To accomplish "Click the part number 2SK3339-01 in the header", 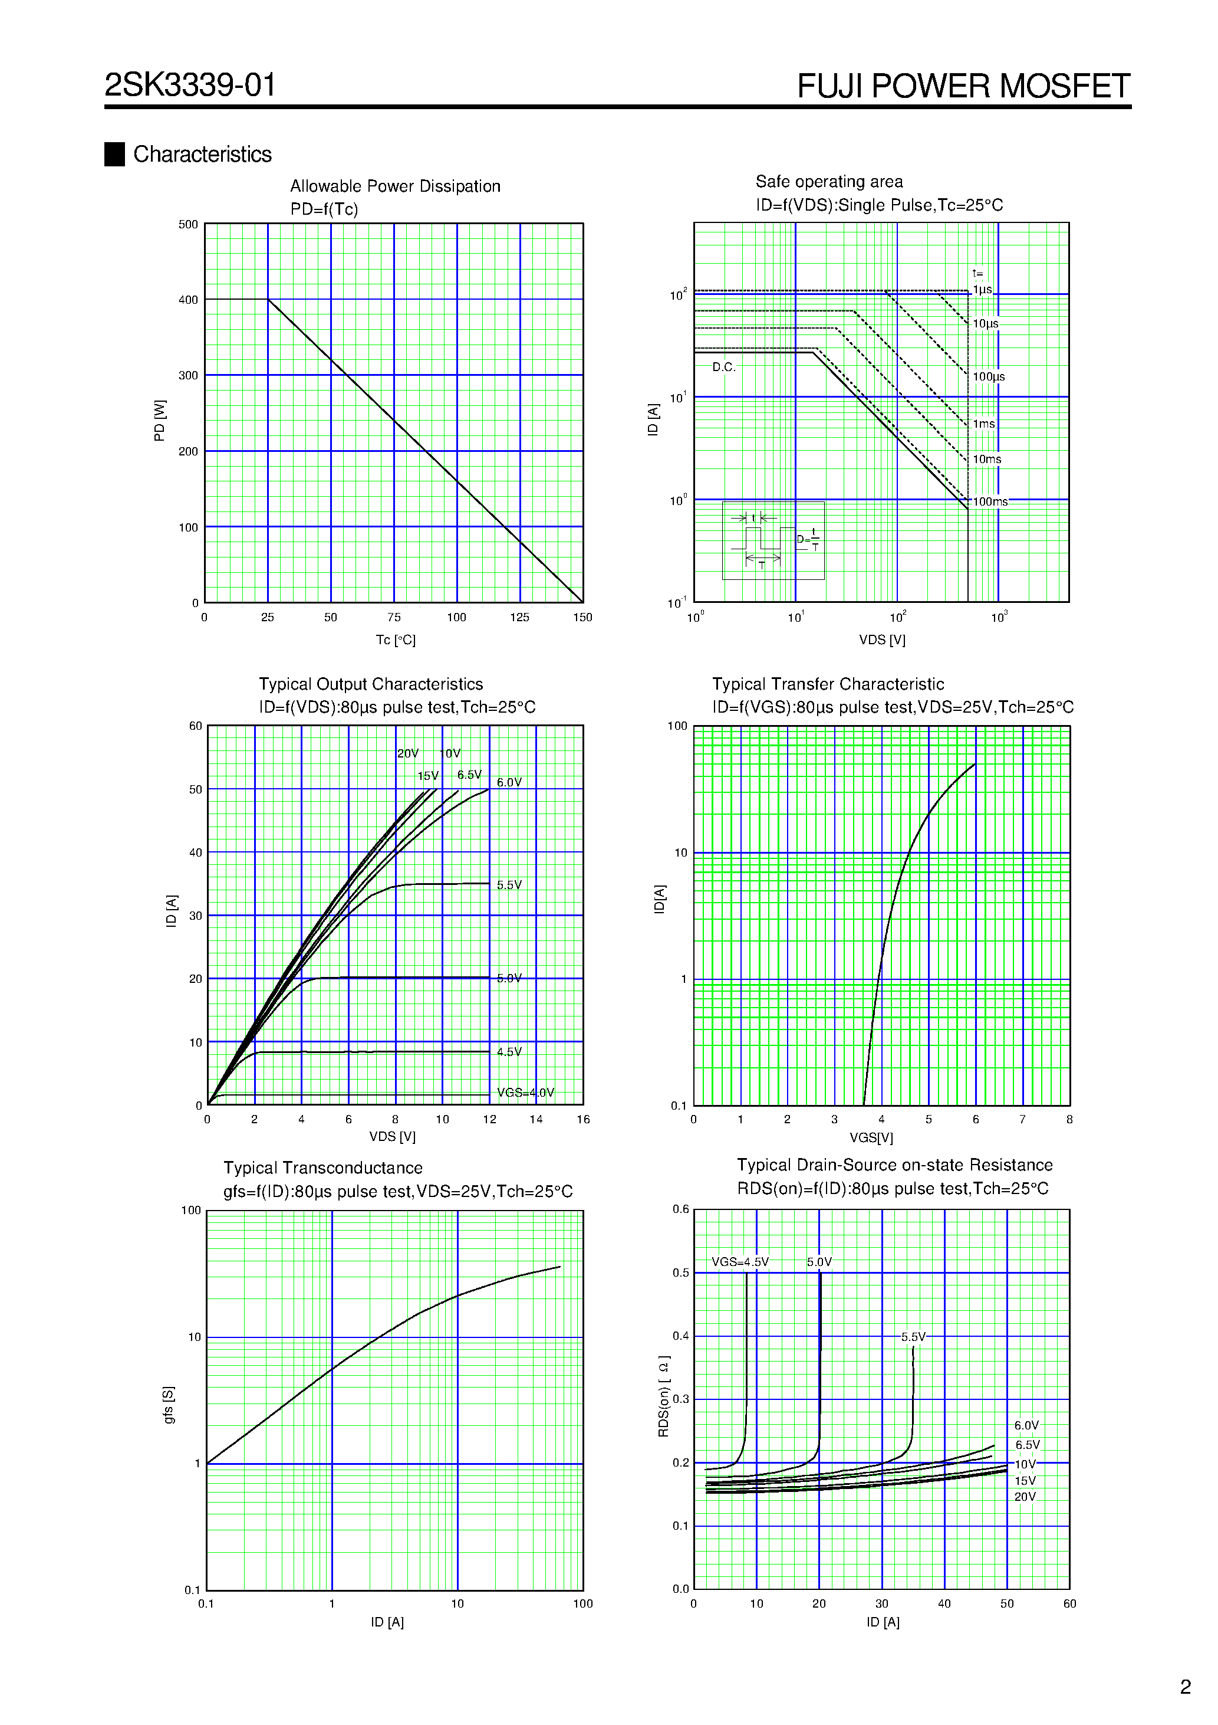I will click(x=190, y=85).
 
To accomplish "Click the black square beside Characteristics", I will click(x=114, y=154).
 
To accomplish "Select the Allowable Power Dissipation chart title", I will click(x=395, y=186).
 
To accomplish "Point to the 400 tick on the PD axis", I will click(x=189, y=300).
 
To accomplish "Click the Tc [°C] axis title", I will click(x=396, y=640).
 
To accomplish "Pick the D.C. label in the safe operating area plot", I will click(x=724, y=368).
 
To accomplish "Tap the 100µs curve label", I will click(x=988, y=377).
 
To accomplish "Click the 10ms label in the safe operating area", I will click(x=987, y=459).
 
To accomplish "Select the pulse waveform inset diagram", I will click(x=773, y=540).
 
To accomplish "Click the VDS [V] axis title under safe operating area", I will click(x=883, y=640).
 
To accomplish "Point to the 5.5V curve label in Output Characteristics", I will click(x=509, y=885).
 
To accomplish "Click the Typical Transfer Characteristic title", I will click(x=828, y=684).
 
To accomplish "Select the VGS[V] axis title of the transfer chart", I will click(x=871, y=1138).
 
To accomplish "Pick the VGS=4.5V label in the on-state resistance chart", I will click(x=740, y=1262).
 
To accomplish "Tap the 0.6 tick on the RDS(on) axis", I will click(x=680, y=1209).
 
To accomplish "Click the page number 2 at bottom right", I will click(x=1186, y=1687).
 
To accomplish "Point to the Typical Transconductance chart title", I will click(x=323, y=1168).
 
